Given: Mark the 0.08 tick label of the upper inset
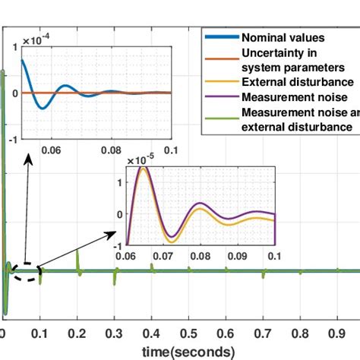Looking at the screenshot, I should tap(112, 151).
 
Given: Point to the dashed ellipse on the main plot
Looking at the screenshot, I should tap(24, 271).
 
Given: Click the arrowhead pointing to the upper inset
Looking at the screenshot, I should tap(30, 159).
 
